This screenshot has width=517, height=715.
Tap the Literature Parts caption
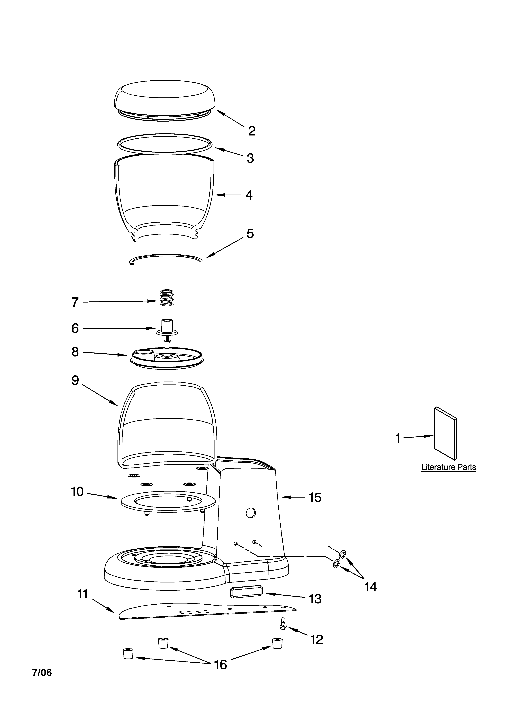pos(448,467)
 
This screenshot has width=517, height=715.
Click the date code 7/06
pos(42,672)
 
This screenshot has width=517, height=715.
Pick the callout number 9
pos(75,380)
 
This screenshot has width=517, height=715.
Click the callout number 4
pos(249,195)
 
